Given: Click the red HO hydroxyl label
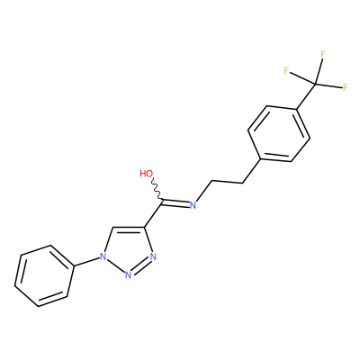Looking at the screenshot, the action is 147,174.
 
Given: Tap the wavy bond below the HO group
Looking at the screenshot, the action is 157,189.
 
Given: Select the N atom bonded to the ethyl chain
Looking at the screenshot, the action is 193,205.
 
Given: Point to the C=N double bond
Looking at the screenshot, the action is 176,202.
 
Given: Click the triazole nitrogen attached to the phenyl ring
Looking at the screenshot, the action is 103,256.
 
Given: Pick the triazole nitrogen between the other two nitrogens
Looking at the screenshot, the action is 128,274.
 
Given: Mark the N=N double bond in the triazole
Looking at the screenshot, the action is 140,266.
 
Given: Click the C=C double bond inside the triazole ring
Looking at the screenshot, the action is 129,229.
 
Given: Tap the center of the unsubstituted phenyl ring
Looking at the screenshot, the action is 44,276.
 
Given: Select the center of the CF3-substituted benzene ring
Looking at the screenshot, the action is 279,134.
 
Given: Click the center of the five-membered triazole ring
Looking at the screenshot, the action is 128,250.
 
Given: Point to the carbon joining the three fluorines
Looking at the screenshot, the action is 315,84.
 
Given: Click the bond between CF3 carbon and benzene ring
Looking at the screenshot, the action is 306,96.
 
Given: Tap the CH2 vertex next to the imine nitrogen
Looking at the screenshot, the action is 212,181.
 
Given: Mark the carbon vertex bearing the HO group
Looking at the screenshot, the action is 163,200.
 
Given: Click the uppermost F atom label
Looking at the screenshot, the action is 323,54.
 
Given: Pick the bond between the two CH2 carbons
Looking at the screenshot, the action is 227,182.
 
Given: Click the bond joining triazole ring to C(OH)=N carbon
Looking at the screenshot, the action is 154,213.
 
